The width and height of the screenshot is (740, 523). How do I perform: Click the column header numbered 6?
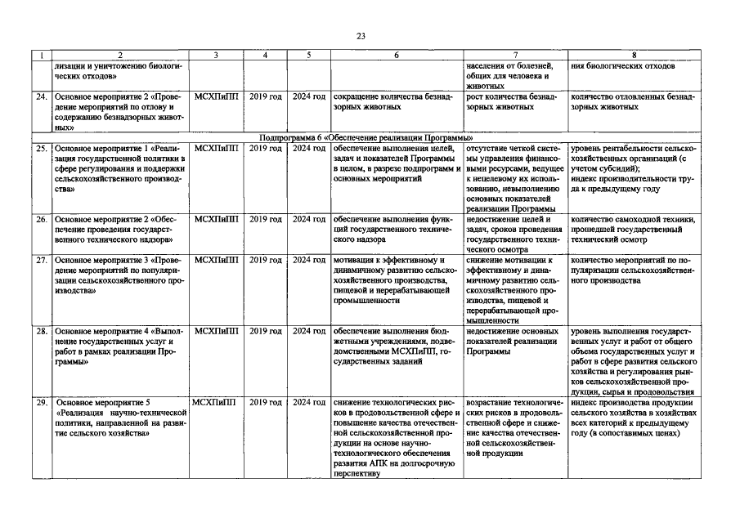pyautogui.click(x=397, y=56)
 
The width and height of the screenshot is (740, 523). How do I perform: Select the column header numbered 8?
pyautogui.click(x=634, y=56)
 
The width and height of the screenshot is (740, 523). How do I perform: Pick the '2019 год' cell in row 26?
pyautogui.click(x=265, y=219)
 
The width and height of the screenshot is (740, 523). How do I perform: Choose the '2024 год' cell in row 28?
pyautogui.click(x=309, y=332)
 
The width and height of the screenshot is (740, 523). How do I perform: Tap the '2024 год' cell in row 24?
pyautogui.click(x=309, y=96)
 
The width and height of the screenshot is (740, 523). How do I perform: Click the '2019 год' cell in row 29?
pyautogui.click(x=265, y=403)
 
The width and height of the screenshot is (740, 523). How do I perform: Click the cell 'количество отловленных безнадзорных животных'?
pyautogui.click(x=633, y=101)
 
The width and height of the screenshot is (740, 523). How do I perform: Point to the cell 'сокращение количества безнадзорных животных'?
pyautogui.click(x=396, y=101)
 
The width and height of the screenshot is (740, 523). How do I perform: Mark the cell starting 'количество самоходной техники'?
pyautogui.click(x=633, y=230)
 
